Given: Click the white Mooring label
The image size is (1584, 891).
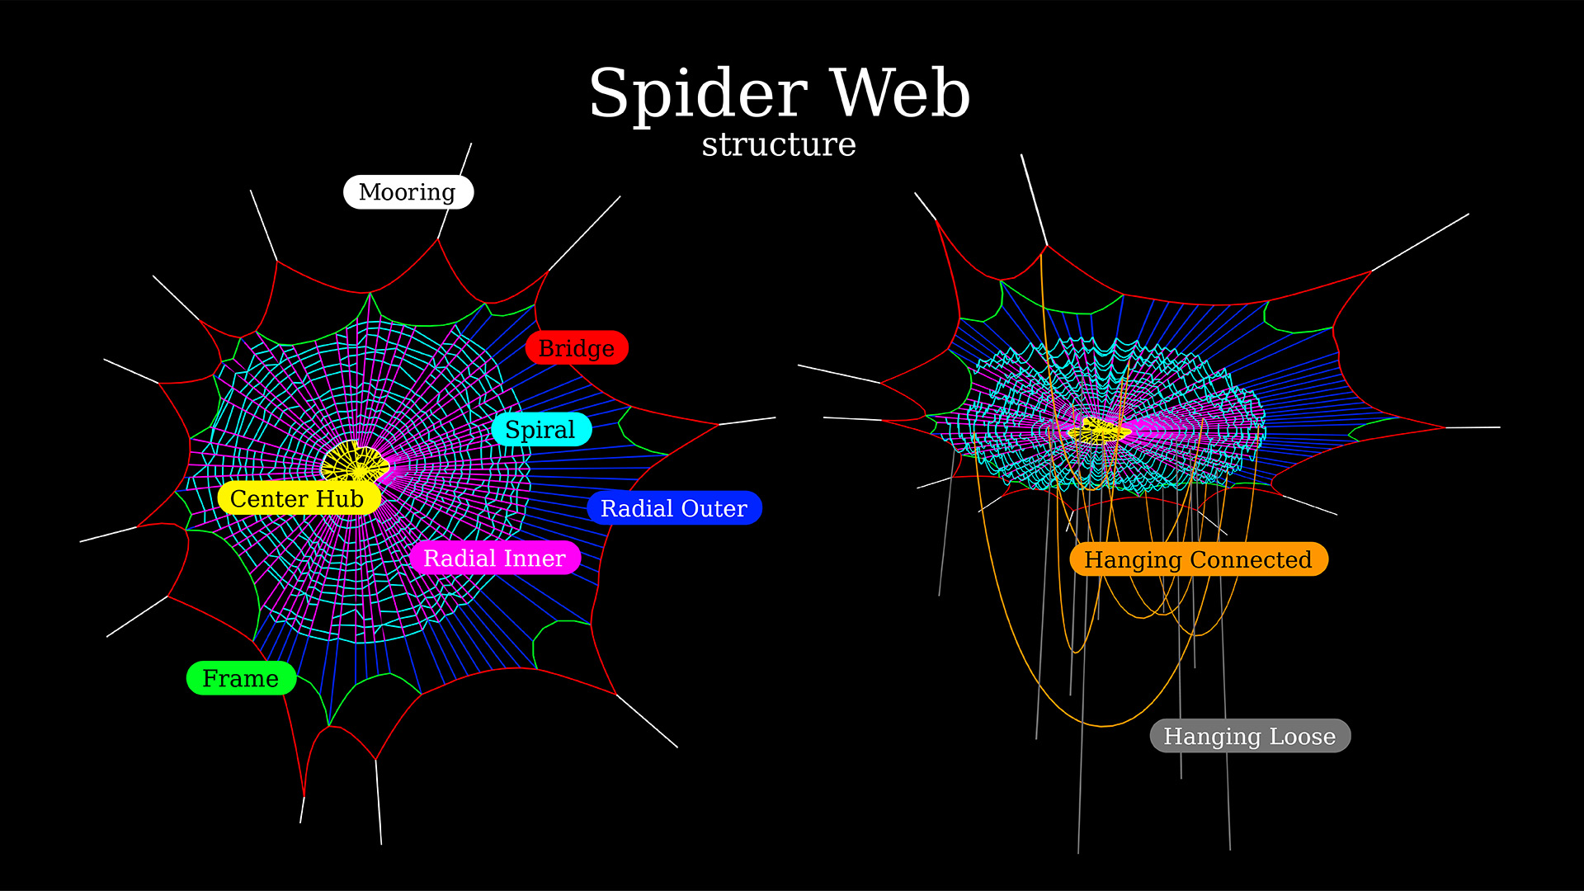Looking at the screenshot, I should coord(408,192).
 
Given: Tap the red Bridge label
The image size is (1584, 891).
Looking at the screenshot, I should coord(577,348).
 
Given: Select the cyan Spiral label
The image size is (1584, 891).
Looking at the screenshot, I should coord(541,430).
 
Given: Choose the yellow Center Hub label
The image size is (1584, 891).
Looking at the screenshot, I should coord(298,499).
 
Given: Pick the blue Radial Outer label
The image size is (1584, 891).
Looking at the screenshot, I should coord(674,508).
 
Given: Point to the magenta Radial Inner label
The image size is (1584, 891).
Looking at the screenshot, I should coord(495,559).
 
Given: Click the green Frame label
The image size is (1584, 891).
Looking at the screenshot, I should coord(241,678).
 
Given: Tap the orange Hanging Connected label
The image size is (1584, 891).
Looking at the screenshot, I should coord(1198,559).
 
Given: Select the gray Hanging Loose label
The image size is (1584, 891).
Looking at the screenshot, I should coord(1250,736).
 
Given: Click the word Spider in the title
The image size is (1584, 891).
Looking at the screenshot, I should coord(698,94).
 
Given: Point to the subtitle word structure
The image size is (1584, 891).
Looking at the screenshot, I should coord(779,144).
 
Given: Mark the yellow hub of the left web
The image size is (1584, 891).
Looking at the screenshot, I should coord(355,463).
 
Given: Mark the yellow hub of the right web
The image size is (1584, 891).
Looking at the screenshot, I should coord(1099,430).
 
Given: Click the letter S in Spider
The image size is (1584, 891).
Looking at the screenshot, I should coord(609,92).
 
